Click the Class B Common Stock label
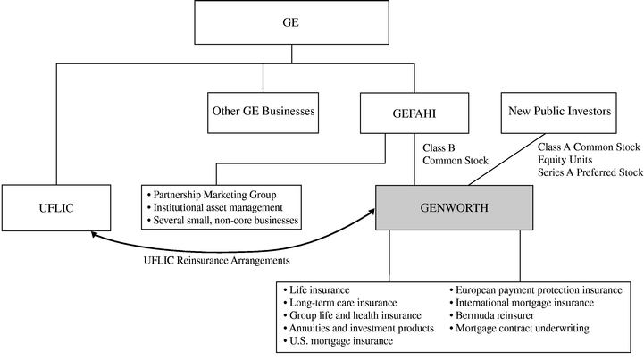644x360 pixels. tap(455, 154)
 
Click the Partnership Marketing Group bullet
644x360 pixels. tap(213, 195)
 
